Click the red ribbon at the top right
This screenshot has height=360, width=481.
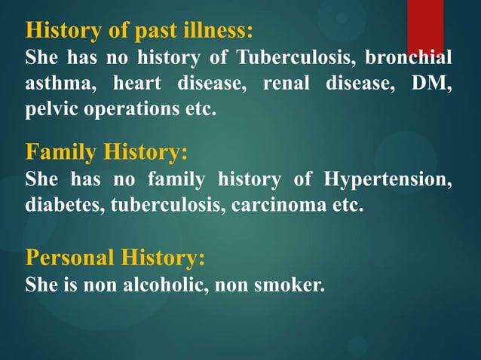pos(424,26)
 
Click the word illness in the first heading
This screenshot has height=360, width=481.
pos(218,31)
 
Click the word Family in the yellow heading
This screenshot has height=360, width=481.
pos(60,153)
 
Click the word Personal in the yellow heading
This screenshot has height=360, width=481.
pos(69,258)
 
